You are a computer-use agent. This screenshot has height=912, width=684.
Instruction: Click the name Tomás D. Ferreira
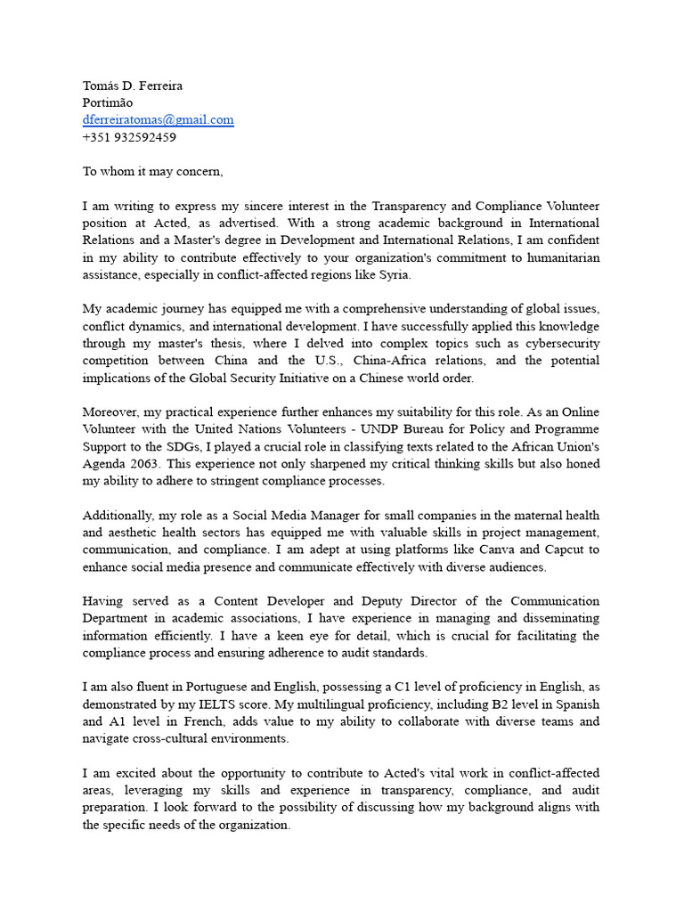(132, 85)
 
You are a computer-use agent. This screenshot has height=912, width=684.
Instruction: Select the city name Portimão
(107, 102)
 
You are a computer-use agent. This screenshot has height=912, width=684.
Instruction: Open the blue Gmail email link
(158, 120)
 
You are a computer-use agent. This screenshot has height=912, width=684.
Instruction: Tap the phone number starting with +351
(129, 137)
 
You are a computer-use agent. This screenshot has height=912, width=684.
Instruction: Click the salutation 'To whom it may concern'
(152, 171)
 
